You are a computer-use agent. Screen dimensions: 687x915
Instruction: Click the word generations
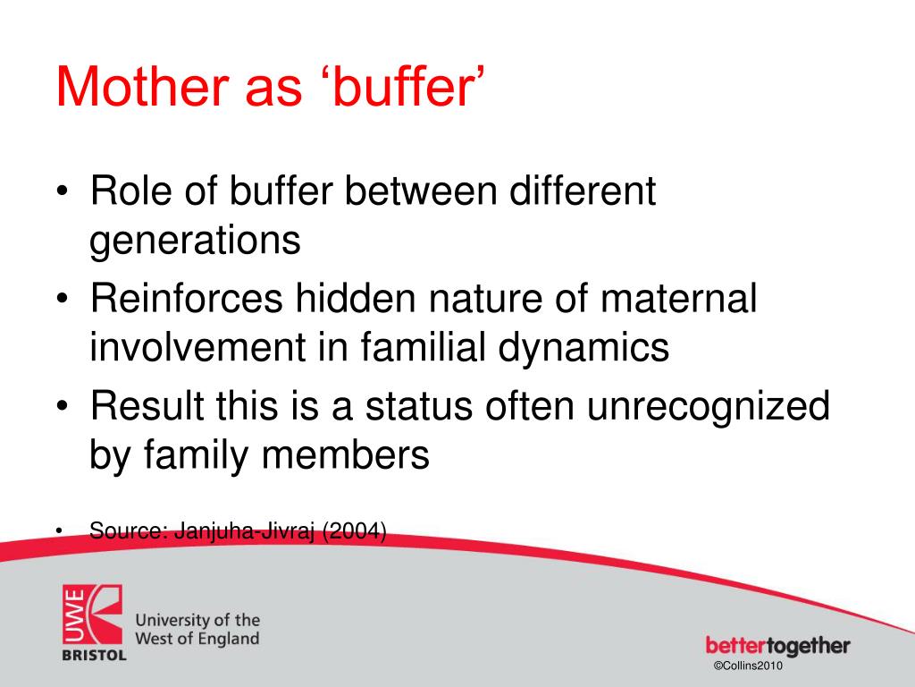(195, 242)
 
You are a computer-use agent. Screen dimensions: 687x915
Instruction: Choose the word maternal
(677, 298)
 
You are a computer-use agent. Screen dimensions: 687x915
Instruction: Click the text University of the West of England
(197, 629)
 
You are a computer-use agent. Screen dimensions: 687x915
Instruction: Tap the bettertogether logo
(777, 646)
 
